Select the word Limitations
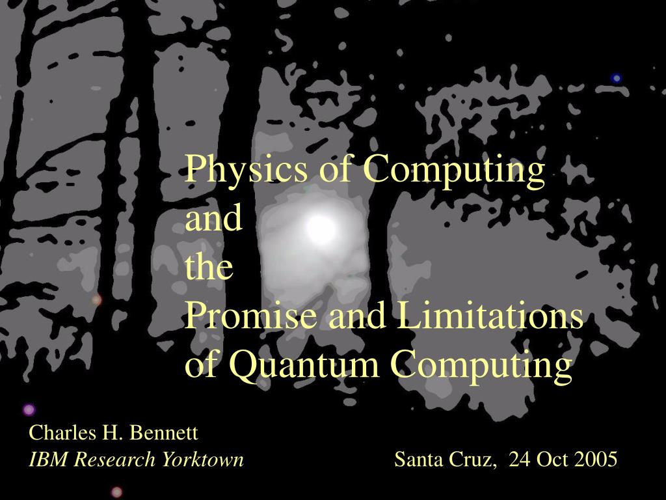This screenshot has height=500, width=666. pyautogui.click(x=490, y=316)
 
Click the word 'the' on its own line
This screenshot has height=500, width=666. pyautogui.click(x=209, y=266)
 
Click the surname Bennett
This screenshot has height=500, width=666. pyautogui.click(x=164, y=433)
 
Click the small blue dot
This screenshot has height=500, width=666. pyautogui.click(x=617, y=78)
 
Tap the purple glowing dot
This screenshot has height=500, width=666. pyautogui.click(x=29, y=410)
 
